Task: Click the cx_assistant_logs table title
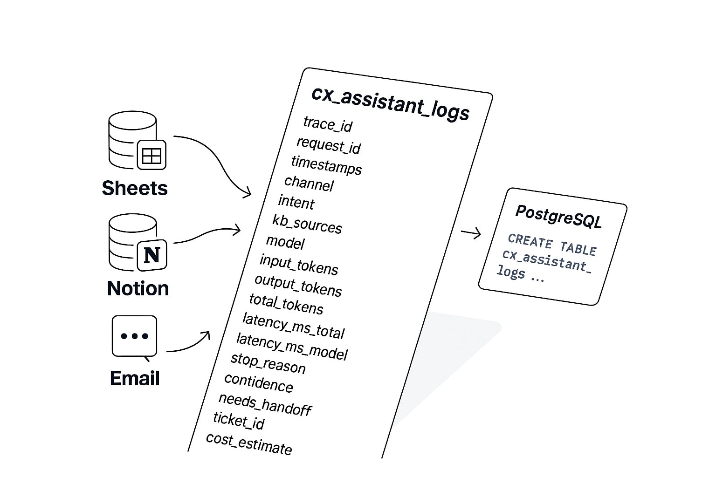coord(390,102)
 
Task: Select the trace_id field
coord(328,124)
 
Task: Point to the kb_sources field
coord(307,224)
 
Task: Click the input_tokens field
coord(299,264)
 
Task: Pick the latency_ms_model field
coord(292,346)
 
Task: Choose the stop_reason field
coord(268,363)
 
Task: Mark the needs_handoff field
coord(265,404)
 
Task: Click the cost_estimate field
coord(249,443)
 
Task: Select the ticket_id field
coord(239,420)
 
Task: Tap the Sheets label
coord(135,188)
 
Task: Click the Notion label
coord(138,288)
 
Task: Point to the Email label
coord(135,378)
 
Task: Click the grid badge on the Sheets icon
coord(151,155)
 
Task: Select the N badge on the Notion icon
coord(152,255)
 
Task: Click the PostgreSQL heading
coord(558,216)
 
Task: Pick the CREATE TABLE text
coord(552,245)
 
